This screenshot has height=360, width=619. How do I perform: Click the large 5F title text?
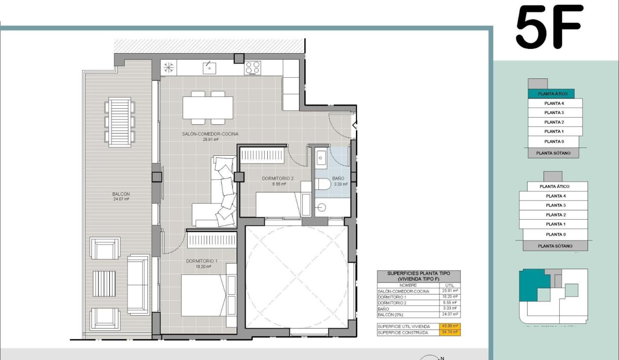pyautogui.click(x=549, y=27)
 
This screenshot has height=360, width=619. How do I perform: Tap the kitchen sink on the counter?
pyautogui.click(x=209, y=67)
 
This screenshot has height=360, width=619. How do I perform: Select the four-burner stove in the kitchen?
pyautogui.click(x=252, y=68)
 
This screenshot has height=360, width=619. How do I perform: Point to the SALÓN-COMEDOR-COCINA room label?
pyautogui.click(x=210, y=134)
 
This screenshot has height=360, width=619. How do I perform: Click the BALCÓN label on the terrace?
pyautogui.click(x=121, y=194)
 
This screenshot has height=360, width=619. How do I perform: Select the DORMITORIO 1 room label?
pyautogui.click(x=201, y=261)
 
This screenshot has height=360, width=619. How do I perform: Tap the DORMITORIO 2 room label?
pyautogui.click(x=278, y=179)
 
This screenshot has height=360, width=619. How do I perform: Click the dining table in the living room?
pyautogui.click(x=207, y=107)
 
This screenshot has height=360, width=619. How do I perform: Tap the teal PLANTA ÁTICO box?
pyautogui.click(x=552, y=94)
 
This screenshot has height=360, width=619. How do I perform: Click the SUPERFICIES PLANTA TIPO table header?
pyautogui.click(x=418, y=276)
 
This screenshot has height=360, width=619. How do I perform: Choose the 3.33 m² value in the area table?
pyautogui.click(x=450, y=308)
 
